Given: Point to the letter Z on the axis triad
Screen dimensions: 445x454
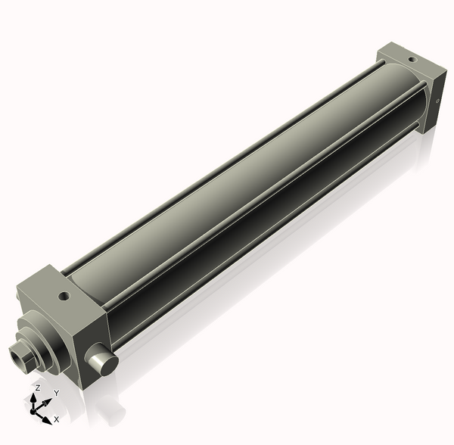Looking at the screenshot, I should coord(37,387).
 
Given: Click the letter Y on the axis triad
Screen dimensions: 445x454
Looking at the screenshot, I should coord(56,394).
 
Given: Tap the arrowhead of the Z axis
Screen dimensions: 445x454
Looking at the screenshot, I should coord(34,397).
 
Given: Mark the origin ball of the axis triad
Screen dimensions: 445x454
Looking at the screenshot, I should coord(33,411).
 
